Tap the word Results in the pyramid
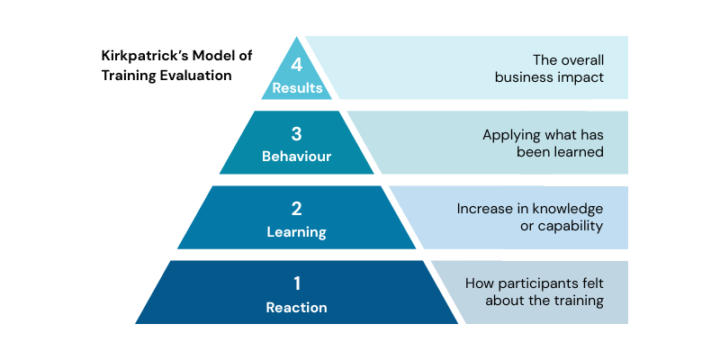tap(297, 88)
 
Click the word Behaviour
tap(297, 157)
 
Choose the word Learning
tap(297, 232)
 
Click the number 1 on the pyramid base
tap(297, 284)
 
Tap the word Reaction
tap(297, 308)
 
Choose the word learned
tap(577, 152)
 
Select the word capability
tap(570, 226)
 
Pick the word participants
tap(534, 283)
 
